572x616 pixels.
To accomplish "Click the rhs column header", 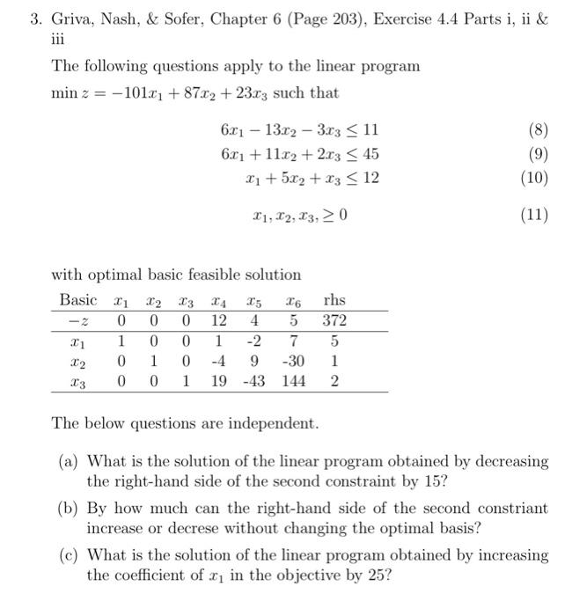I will [334, 298].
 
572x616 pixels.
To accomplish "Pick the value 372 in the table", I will [334, 320].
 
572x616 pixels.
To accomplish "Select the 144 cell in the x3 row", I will [293, 381].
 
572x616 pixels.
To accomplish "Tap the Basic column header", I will [78, 298].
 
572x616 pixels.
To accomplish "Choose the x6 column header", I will [295, 299].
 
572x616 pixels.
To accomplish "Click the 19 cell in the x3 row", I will [220, 381].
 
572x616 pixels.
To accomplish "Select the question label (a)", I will [68, 461].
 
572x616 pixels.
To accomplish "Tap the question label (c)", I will [68, 555].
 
